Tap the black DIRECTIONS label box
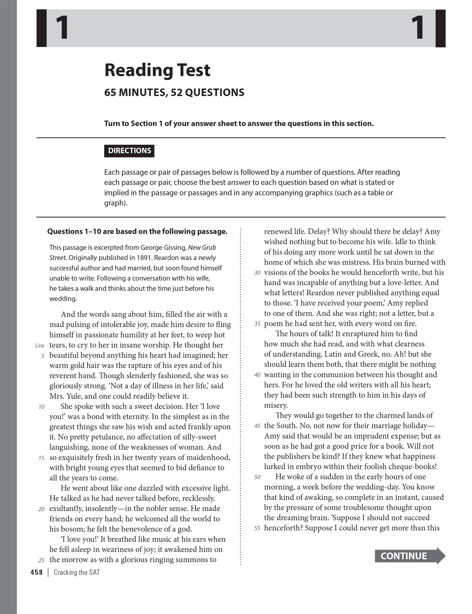pos(129,151)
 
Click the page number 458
pos(37,572)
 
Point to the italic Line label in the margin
pos(40,346)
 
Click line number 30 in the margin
pos(257,273)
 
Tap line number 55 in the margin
pos(257,528)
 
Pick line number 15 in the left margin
pos(42,458)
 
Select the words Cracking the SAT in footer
pos(76,572)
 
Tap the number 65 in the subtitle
pos(110,92)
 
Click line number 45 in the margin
pos(257,426)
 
